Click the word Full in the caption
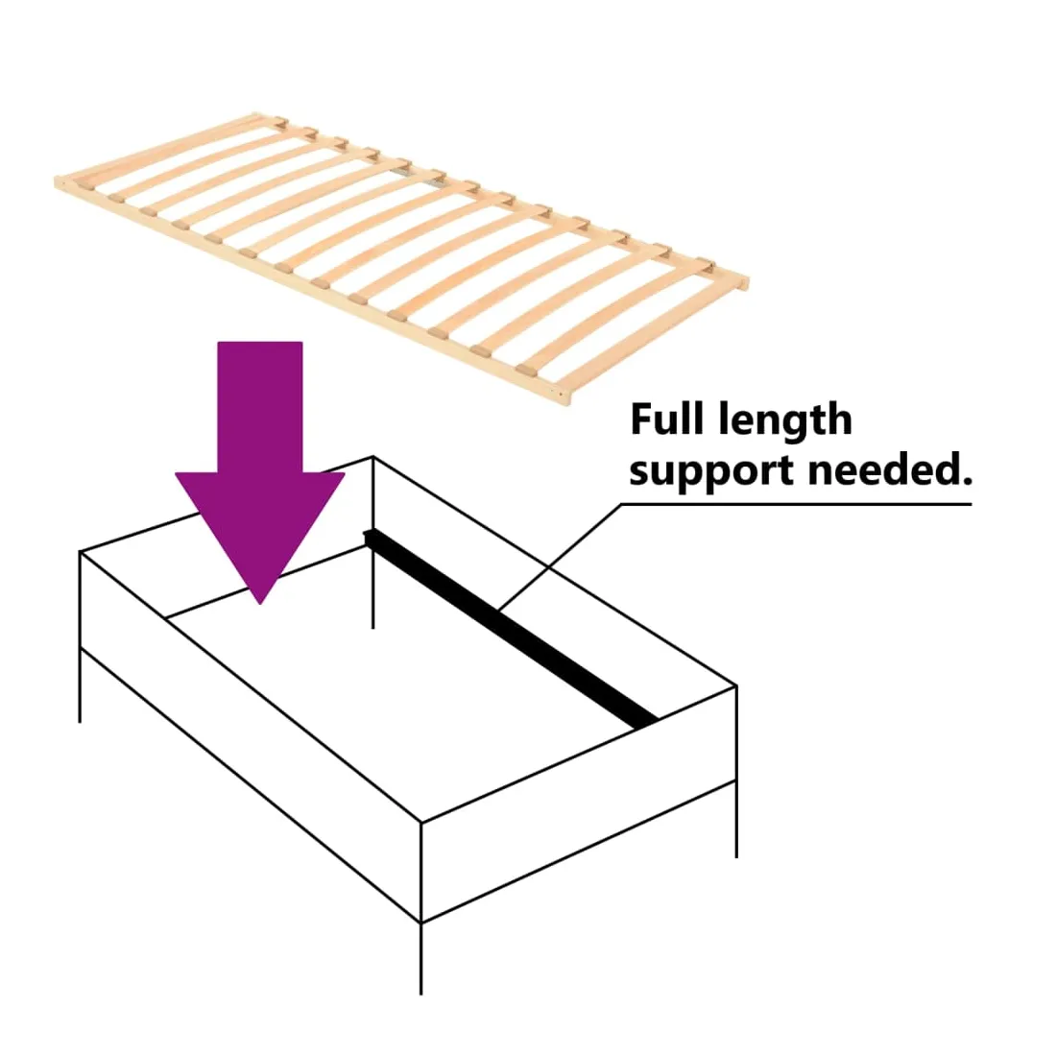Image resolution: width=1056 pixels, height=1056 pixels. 668,419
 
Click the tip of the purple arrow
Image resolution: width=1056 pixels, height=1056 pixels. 260,604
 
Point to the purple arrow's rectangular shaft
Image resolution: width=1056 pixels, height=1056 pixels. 260,407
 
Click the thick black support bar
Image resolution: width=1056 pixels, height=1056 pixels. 511,629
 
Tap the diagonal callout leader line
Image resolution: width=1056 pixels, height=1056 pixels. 561,557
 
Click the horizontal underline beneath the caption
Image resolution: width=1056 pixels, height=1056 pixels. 797,504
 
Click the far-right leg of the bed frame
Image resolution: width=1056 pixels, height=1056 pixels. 736,820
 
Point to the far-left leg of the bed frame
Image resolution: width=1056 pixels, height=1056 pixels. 80,685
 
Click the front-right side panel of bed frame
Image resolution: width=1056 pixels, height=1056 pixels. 579,804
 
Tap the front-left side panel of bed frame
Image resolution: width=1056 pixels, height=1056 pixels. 251,736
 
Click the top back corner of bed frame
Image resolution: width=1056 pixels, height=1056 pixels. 373,457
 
